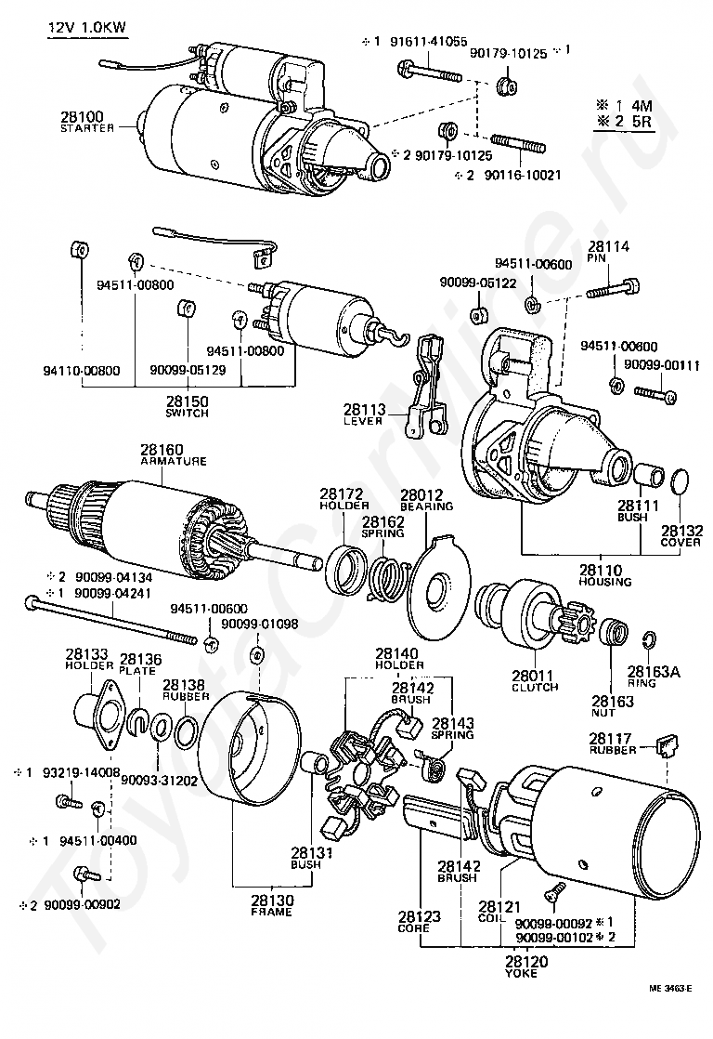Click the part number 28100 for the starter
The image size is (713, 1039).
coord(82,117)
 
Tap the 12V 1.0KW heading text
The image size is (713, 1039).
coord(86,28)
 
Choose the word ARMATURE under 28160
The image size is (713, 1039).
coord(174,461)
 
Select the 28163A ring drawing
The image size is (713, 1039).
coord(650,640)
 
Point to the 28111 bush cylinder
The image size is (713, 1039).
coord(647,476)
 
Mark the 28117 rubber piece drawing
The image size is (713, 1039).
coord(665,746)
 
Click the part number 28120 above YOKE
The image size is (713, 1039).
coord(520,961)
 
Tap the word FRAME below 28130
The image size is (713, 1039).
coord(271,912)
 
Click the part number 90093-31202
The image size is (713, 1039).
coord(159,781)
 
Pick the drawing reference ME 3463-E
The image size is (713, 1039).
coord(669,1006)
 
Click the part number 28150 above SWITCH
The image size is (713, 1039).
coord(188,401)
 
